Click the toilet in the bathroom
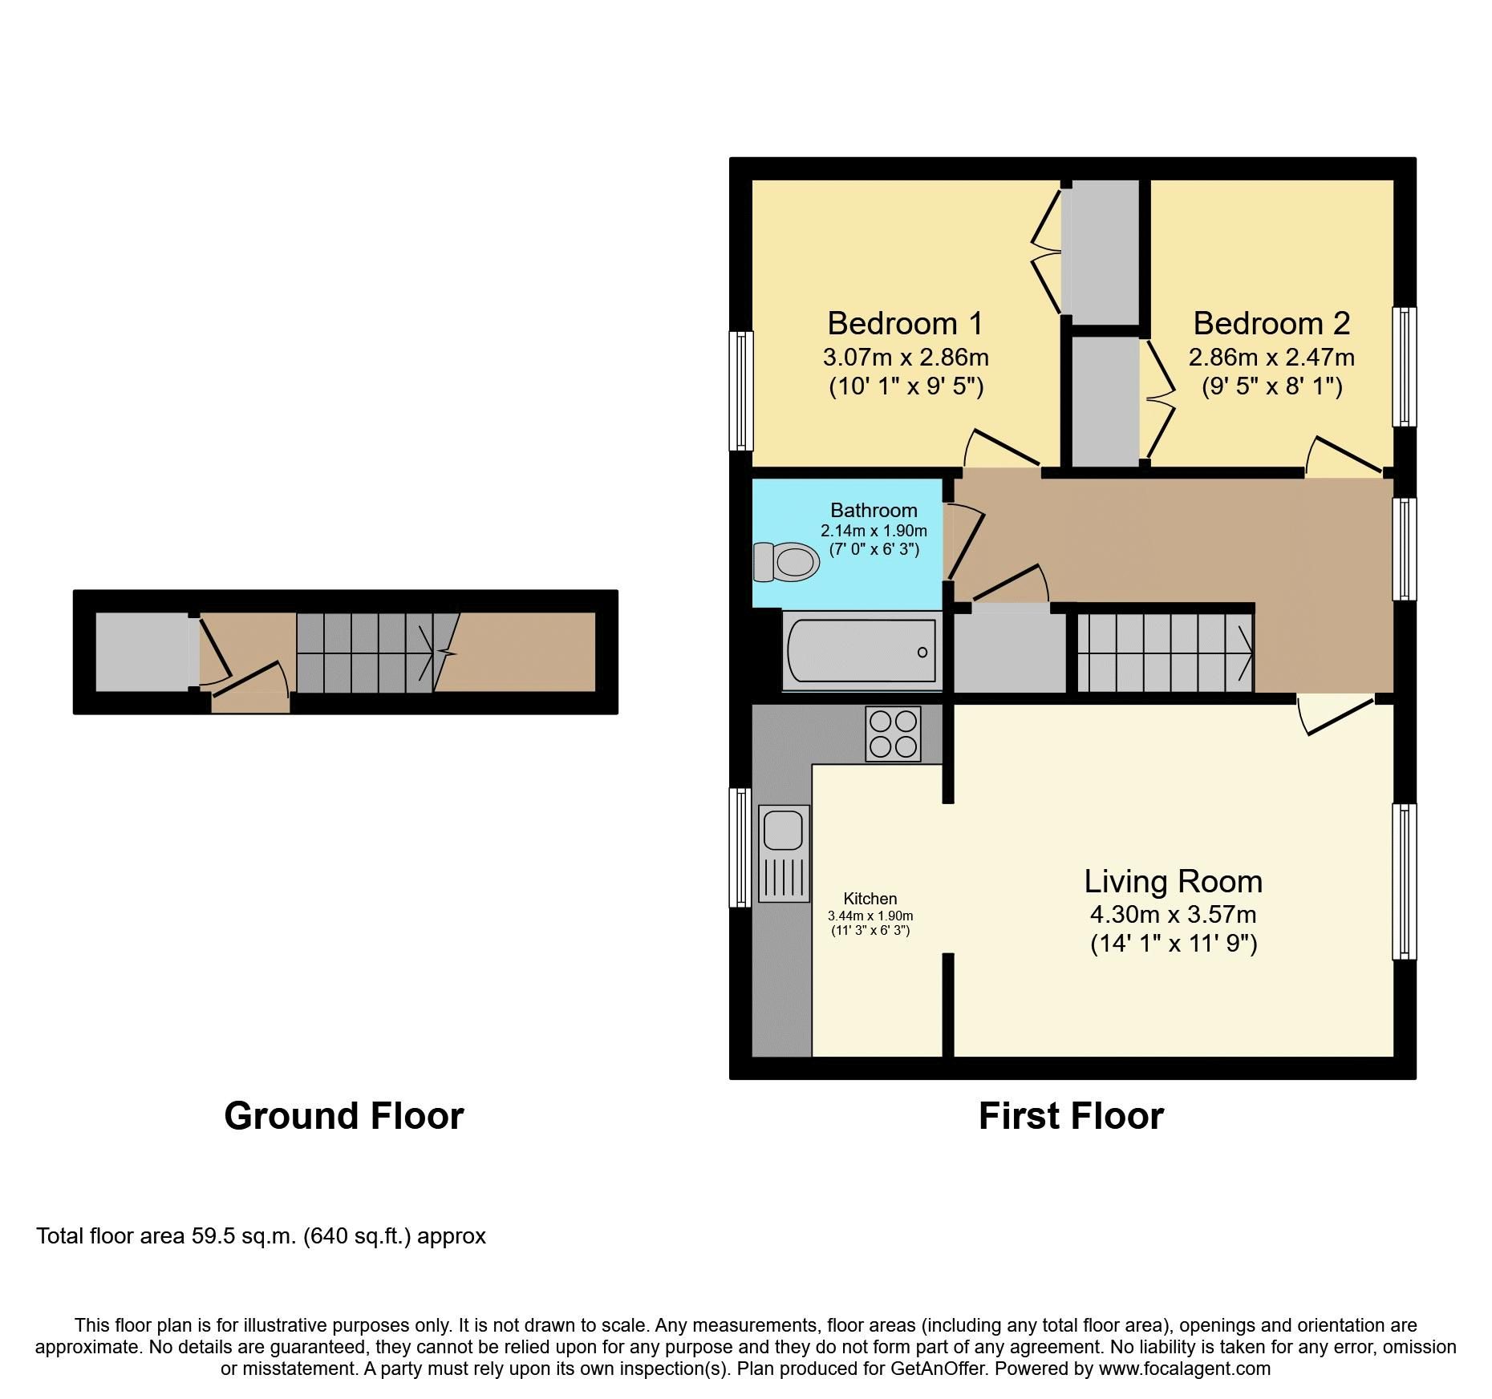click(786, 562)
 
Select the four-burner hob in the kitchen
click(893, 734)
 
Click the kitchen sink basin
click(783, 830)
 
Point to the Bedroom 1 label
click(905, 323)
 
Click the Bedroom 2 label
click(1271, 323)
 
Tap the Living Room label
click(1173, 881)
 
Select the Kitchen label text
click(870, 899)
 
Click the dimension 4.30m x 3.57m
click(1173, 914)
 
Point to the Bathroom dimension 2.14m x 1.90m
click(874, 531)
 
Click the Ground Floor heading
click(343, 1116)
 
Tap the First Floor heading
click(1071, 1116)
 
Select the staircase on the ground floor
click(365, 653)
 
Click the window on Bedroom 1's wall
click(741, 390)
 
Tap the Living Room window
click(1404, 881)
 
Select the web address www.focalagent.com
click(1184, 1369)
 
